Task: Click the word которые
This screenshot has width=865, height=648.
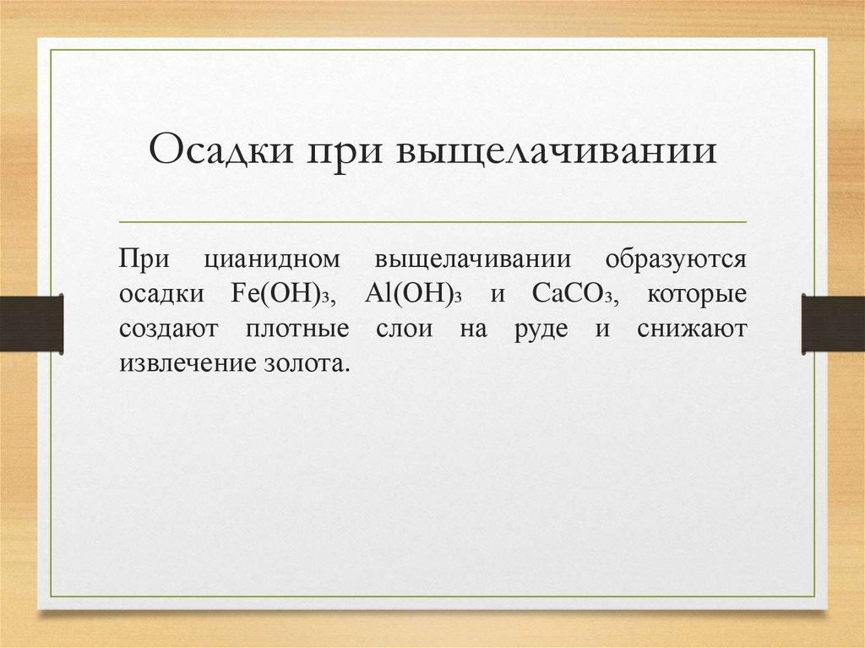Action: (697, 296)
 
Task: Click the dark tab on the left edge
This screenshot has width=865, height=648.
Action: (31, 324)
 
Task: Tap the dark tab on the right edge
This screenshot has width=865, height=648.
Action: (833, 324)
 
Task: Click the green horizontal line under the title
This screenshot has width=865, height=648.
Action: (432, 222)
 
